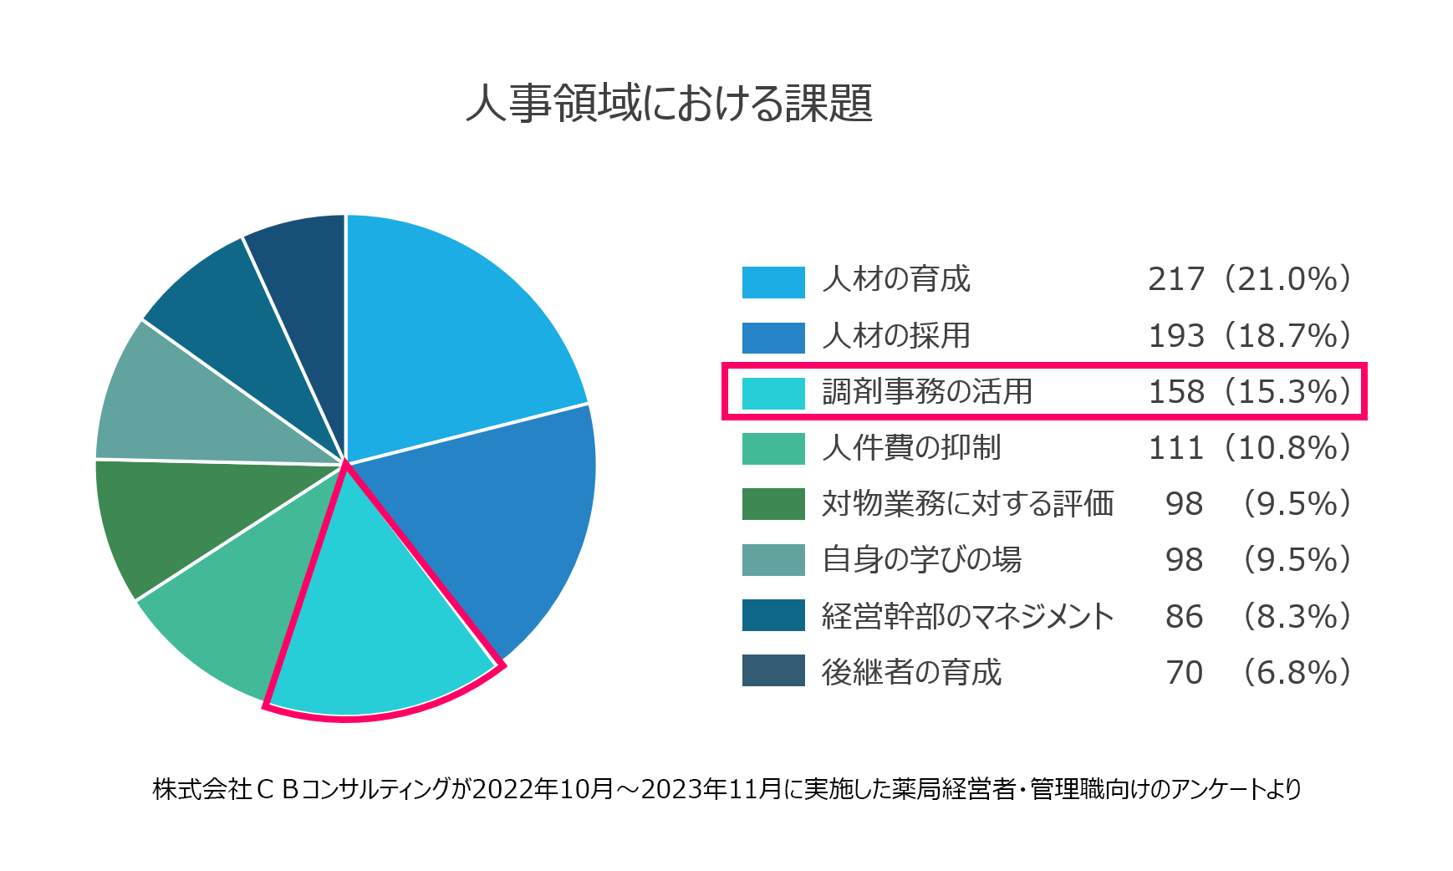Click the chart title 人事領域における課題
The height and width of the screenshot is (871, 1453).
click(x=669, y=104)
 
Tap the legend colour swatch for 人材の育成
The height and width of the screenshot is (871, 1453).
click(x=773, y=282)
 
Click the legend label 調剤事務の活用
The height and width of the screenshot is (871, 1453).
click(x=927, y=391)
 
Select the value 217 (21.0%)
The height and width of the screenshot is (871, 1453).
click(x=1249, y=279)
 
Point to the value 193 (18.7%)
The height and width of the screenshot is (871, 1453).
click(x=1249, y=335)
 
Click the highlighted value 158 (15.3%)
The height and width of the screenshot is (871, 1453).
click(x=1249, y=391)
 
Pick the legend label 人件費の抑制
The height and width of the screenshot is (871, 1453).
click(x=911, y=447)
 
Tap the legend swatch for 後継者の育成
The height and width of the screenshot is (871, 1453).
click(x=773, y=670)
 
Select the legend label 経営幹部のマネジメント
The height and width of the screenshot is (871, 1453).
click(x=967, y=616)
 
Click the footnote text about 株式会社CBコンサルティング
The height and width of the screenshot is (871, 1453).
click(x=726, y=789)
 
